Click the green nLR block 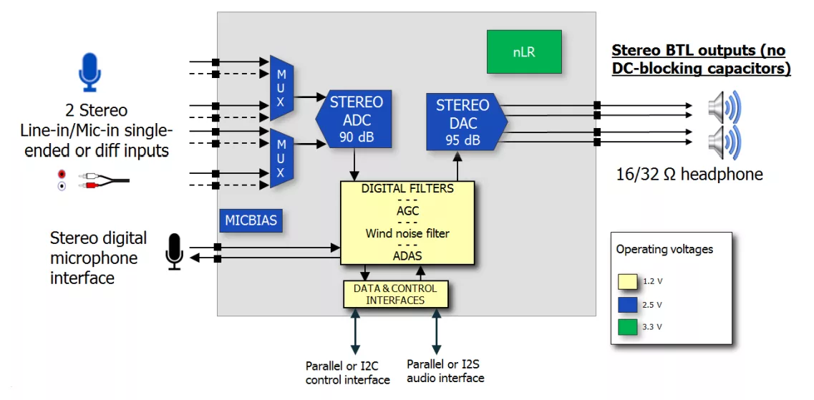[523, 52]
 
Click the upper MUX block [281, 87]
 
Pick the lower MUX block [281, 157]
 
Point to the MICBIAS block [251, 220]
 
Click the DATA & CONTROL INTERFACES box [395, 294]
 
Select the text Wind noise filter [407, 233]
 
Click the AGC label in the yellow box [407, 211]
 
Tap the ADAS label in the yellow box [407, 255]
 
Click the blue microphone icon [89, 72]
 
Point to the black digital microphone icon [175, 251]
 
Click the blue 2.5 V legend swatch [628, 305]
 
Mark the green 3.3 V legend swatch [628, 328]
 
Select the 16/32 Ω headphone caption [689, 174]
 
